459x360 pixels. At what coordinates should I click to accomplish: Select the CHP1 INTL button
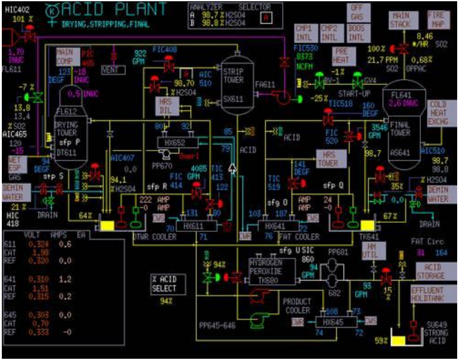(x=304, y=32)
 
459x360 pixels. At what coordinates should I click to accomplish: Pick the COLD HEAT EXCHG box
(x=441, y=112)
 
